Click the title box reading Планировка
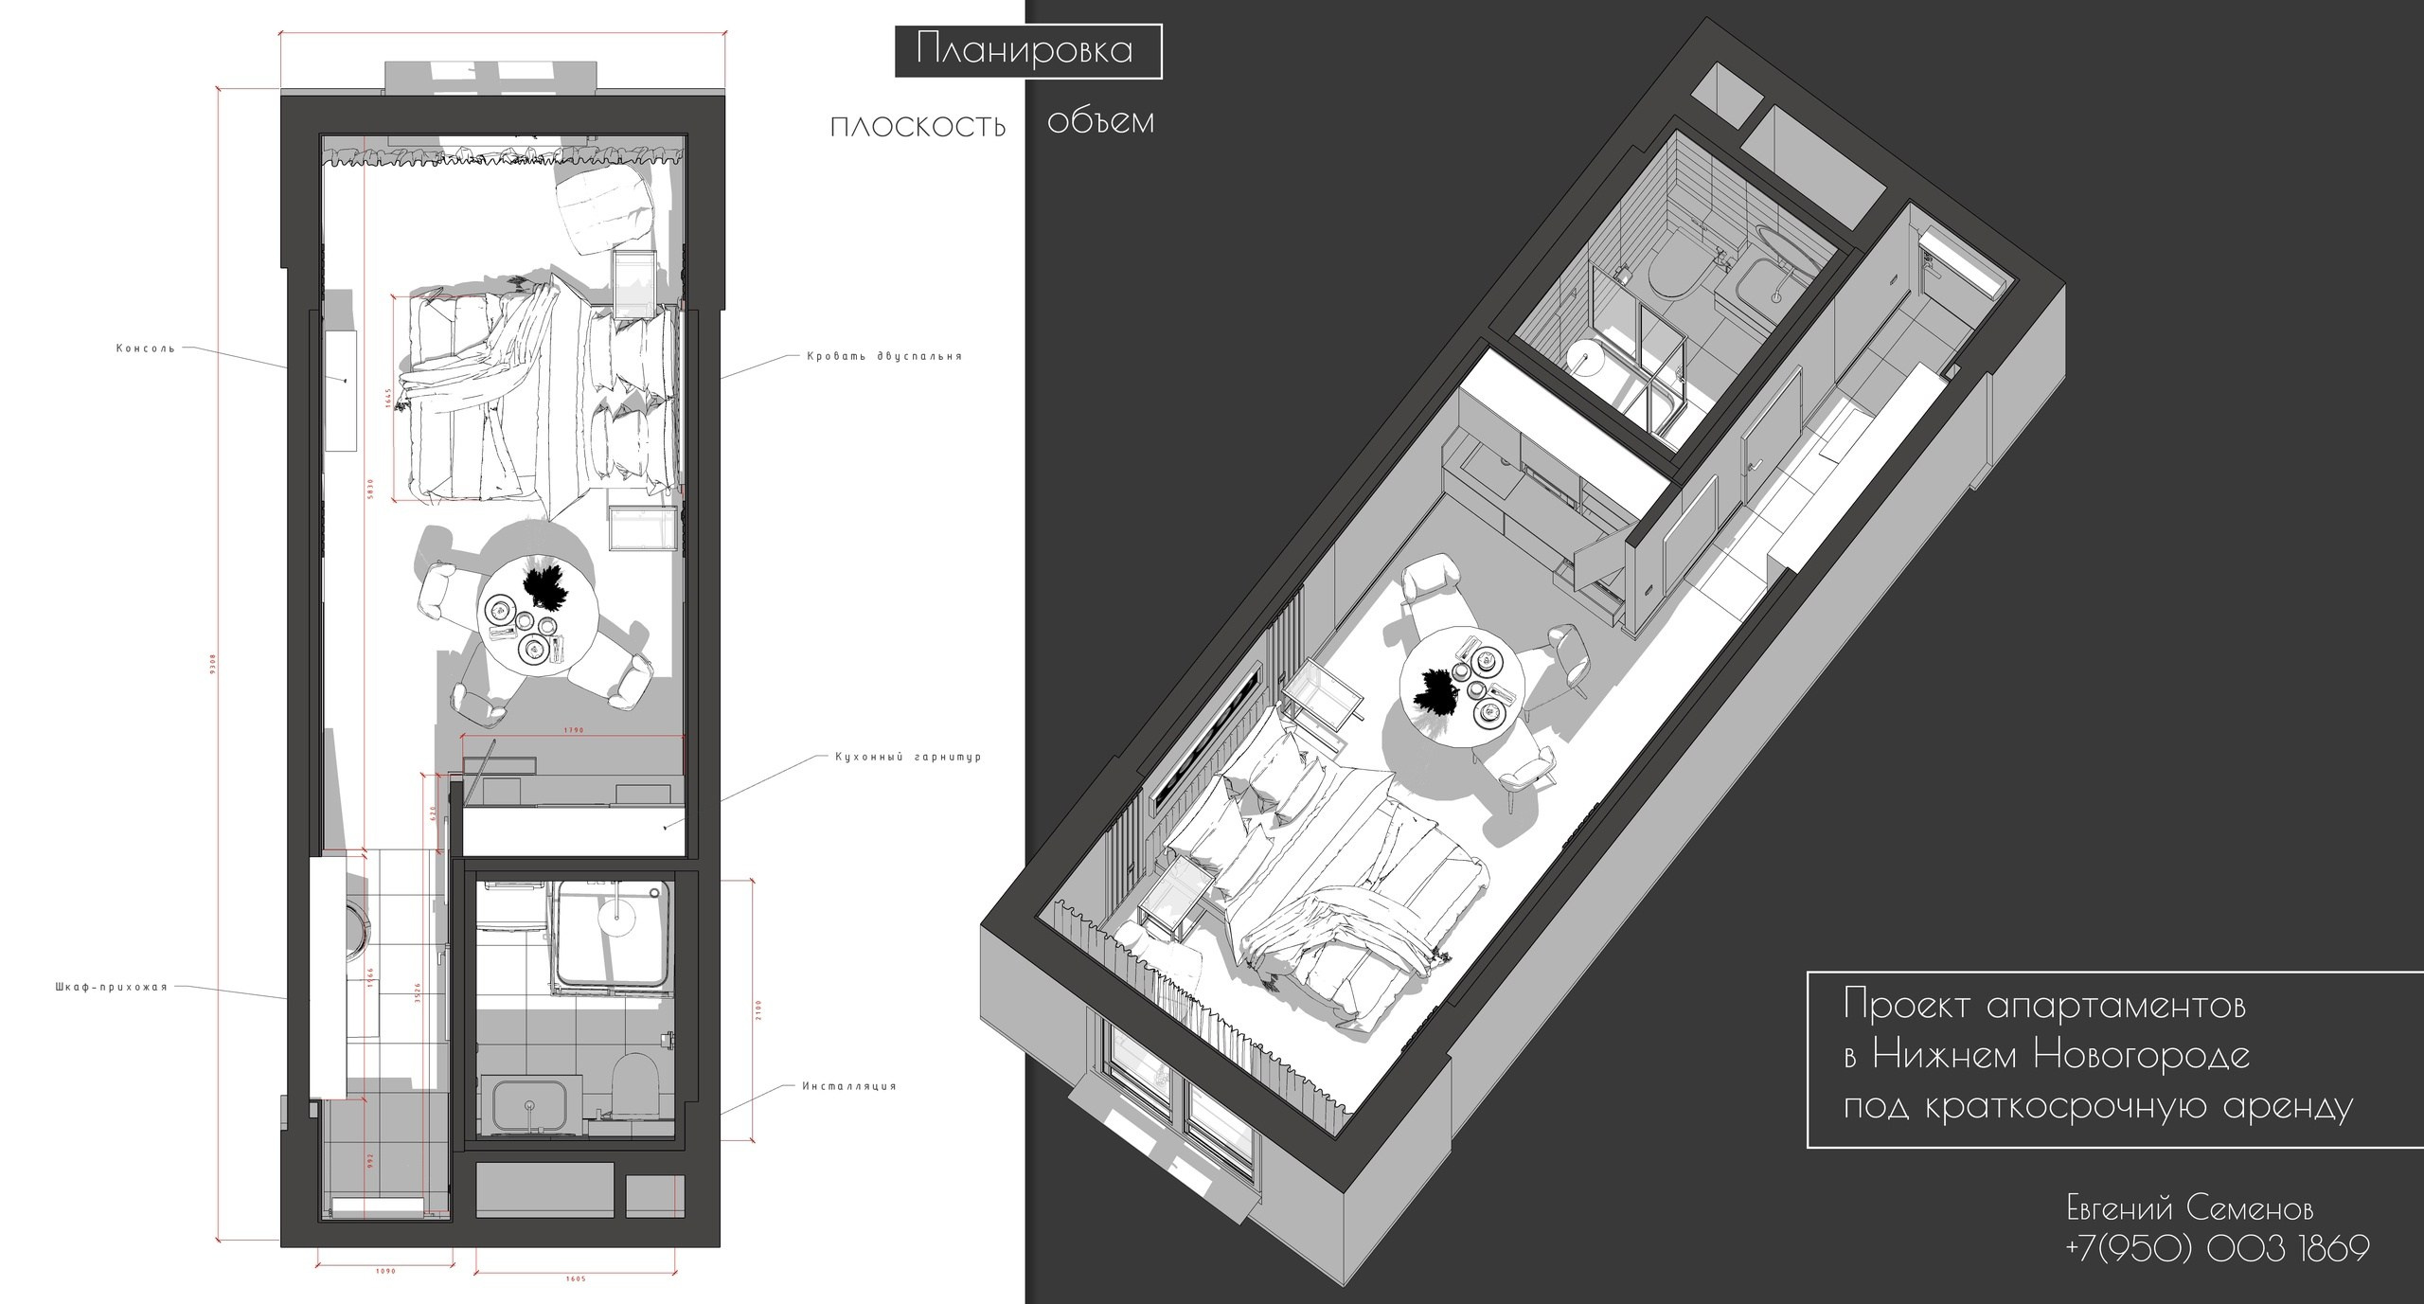(1027, 52)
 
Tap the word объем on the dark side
(1101, 122)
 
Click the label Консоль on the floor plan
(146, 348)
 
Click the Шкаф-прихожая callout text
(111, 987)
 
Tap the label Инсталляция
(848, 1086)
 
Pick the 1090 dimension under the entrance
(384, 1271)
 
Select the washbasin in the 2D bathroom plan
(526, 1103)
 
